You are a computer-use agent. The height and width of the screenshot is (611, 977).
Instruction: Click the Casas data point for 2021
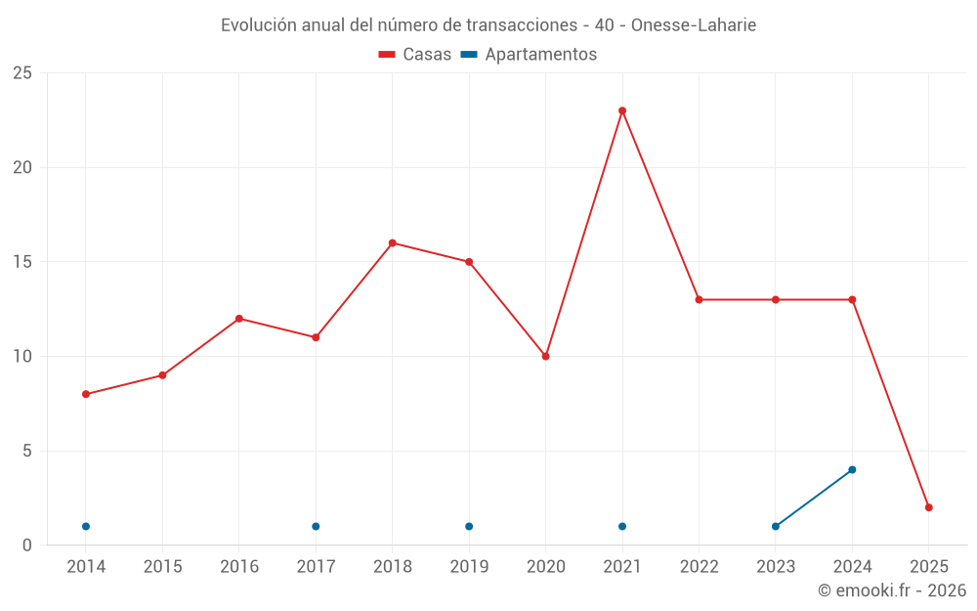pos(622,110)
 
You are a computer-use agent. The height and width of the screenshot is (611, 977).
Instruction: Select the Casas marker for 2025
pos(929,507)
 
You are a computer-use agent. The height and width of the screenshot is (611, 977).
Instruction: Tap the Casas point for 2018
pos(392,242)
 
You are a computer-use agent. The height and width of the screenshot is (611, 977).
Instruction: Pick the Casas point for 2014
pos(86,394)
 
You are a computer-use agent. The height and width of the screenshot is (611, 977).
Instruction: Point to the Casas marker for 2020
pos(545,356)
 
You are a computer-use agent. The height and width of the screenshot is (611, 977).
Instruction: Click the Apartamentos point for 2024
pos(852,469)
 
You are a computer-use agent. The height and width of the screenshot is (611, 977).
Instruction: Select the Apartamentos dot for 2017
pos(316,526)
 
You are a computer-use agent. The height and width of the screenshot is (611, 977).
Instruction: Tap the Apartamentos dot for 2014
pos(86,526)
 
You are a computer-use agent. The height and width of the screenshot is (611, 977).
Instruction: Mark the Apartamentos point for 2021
pos(622,526)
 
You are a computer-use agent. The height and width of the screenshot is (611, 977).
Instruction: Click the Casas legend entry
pos(415,55)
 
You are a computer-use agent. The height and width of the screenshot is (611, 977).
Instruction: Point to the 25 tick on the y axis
pos(22,73)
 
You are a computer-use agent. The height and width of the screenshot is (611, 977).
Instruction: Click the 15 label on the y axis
pos(22,262)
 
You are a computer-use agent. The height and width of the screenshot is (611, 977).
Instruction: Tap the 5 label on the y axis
pos(27,451)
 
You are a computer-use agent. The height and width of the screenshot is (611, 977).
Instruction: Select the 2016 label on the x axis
pos(239,567)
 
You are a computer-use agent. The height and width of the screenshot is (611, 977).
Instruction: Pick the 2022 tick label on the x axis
pos(699,567)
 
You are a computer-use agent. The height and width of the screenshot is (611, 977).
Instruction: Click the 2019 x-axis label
pos(469,567)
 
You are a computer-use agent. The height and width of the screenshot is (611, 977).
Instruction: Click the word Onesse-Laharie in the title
pos(694,25)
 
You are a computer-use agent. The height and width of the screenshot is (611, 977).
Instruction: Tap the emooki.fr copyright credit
pos(892,590)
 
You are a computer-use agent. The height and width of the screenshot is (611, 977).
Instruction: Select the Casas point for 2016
pos(239,319)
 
